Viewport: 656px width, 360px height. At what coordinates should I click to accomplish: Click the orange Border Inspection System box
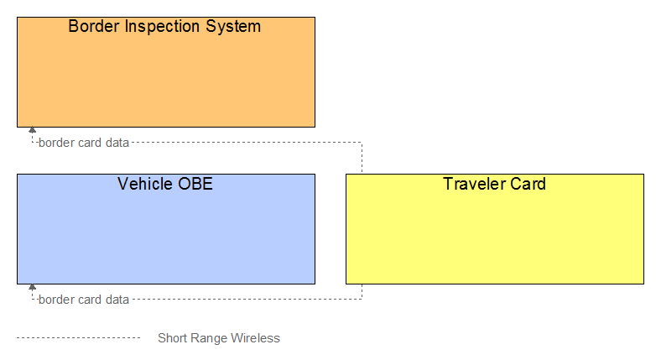(166, 72)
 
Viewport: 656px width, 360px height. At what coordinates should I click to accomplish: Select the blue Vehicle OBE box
(166, 229)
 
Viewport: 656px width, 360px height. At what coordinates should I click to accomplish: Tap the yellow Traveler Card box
(495, 229)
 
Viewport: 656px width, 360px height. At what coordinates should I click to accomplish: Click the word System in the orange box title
(233, 27)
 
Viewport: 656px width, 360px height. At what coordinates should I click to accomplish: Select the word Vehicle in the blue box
(145, 184)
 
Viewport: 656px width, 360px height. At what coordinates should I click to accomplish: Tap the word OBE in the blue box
(195, 184)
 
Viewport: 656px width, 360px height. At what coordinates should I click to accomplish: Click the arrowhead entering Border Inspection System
(32, 130)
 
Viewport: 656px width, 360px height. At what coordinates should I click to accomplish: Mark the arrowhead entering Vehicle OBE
(32, 287)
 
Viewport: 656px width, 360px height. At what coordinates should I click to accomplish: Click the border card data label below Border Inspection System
(84, 143)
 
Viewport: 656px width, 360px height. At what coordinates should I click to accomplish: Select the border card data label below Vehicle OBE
(84, 300)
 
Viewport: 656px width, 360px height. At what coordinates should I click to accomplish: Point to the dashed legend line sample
(79, 338)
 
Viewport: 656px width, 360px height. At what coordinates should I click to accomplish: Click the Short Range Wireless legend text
(219, 338)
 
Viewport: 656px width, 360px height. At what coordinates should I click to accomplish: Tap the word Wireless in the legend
(255, 338)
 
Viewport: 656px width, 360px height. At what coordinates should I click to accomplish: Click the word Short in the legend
(172, 338)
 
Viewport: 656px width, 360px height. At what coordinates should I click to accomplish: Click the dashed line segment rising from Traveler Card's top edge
(362, 159)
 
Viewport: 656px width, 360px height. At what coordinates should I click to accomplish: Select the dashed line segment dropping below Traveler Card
(362, 292)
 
